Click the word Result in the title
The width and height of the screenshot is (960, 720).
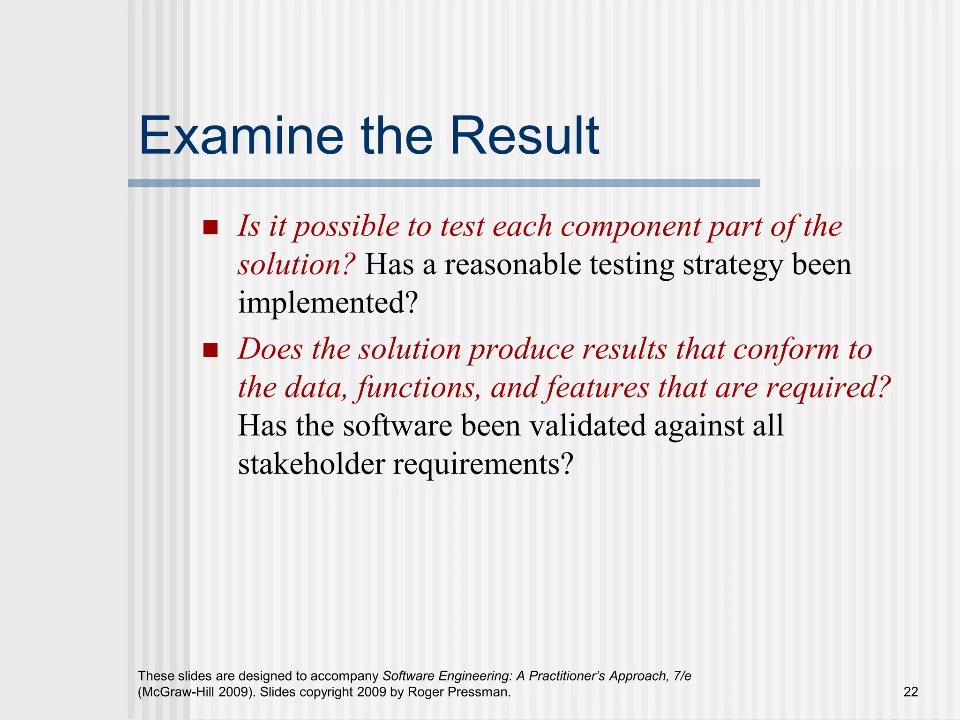[524, 136]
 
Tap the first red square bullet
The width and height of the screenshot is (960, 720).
[210, 228]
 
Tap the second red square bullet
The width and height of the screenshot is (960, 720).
[210, 351]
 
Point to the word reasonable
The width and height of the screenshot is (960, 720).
[512, 265]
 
